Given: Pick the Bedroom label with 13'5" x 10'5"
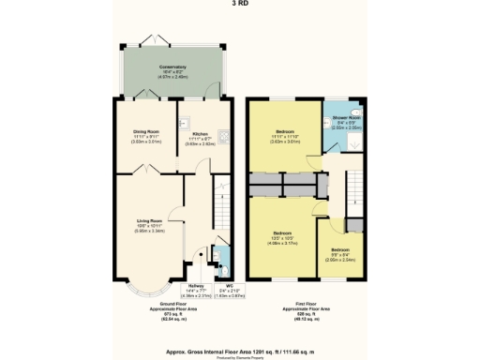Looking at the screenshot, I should (283, 234).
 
